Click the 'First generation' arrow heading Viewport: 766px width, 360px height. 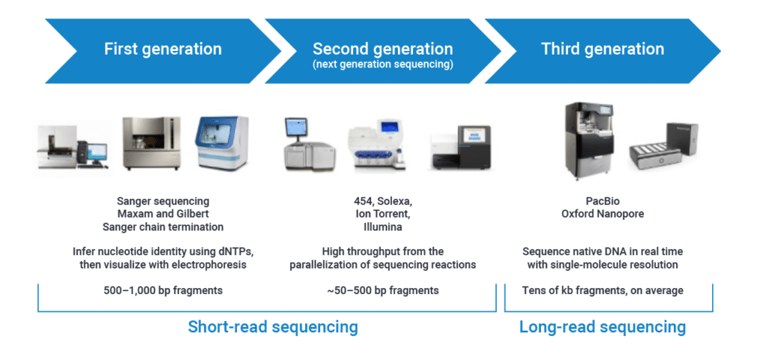[x=162, y=50]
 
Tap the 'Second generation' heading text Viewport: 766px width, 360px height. [x=382, y=49]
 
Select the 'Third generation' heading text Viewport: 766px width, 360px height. [x=602, y=49]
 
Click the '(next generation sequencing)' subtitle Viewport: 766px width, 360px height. [x=382, y=64]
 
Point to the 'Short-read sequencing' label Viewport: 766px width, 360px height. [x=273, y=327]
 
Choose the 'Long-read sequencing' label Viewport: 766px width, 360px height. [x=603, y=327]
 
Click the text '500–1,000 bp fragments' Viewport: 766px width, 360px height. [x=162, y=290]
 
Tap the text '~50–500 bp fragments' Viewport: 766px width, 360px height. [x=382, y=290]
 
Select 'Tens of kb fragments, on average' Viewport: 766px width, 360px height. [x=602, y=290]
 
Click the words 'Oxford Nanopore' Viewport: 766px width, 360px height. [x=602, y=214]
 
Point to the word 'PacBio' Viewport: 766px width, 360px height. [x=602, y=201]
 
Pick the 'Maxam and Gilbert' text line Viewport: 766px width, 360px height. [x=162, y=214]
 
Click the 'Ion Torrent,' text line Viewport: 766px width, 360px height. [x=382, y=214]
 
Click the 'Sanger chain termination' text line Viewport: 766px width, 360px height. [x=162, y=227]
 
